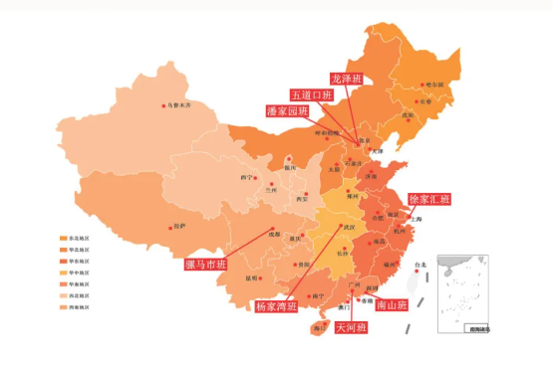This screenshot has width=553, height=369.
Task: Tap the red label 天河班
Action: click(x=351, y=326)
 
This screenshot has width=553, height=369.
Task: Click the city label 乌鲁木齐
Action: click(x=178, y=104)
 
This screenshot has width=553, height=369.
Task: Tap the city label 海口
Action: click(x=318, y=326)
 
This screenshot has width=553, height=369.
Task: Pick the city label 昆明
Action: click(x=251, y=278)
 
